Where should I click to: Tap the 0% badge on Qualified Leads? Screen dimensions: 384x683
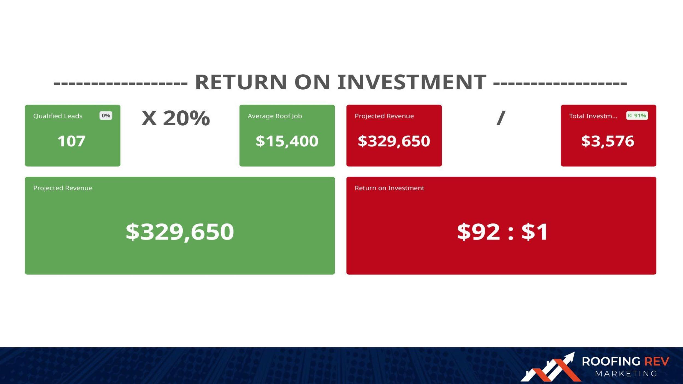pyautogui.click(x=106, y=116)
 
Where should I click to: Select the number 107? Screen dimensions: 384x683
pyautogui.click(x=71, y=141)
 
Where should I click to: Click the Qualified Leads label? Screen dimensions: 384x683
pyautogui.click(x=58, y=116)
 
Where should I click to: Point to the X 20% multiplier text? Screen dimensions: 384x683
pyautogui.click(x=176, y=118)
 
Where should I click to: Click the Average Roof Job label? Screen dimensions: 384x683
pyautogui.click(x=275, y=116)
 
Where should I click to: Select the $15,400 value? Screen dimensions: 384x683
pyautogui.click(x=287, y=141)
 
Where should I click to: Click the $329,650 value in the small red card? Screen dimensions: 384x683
pyautogui.click(x=394, y=141)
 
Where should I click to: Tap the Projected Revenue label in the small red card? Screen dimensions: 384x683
pyautogui.click(x=384, y=116)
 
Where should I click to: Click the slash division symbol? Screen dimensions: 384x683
pyautogui.click(x=501, y=118)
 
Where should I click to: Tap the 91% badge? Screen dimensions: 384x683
pyautogui.click(x=637, y=116)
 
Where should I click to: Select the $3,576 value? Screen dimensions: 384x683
pyautogui.click(x=608, y=141)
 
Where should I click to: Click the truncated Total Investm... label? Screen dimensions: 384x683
pyautogui.click(x=593, y=116)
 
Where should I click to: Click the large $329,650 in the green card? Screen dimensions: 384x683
pyautogui.click(x=180, y=232)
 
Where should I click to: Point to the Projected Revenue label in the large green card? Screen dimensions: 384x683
pyautogui.click(x=63, y=188)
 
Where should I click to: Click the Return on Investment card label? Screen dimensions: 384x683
pyautogui.click(x=389, y=188)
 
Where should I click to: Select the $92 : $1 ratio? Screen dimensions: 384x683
pyautogui.click(x=502, y=232)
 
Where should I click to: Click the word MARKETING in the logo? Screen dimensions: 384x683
pyautogui.click(x=626, y=374)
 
